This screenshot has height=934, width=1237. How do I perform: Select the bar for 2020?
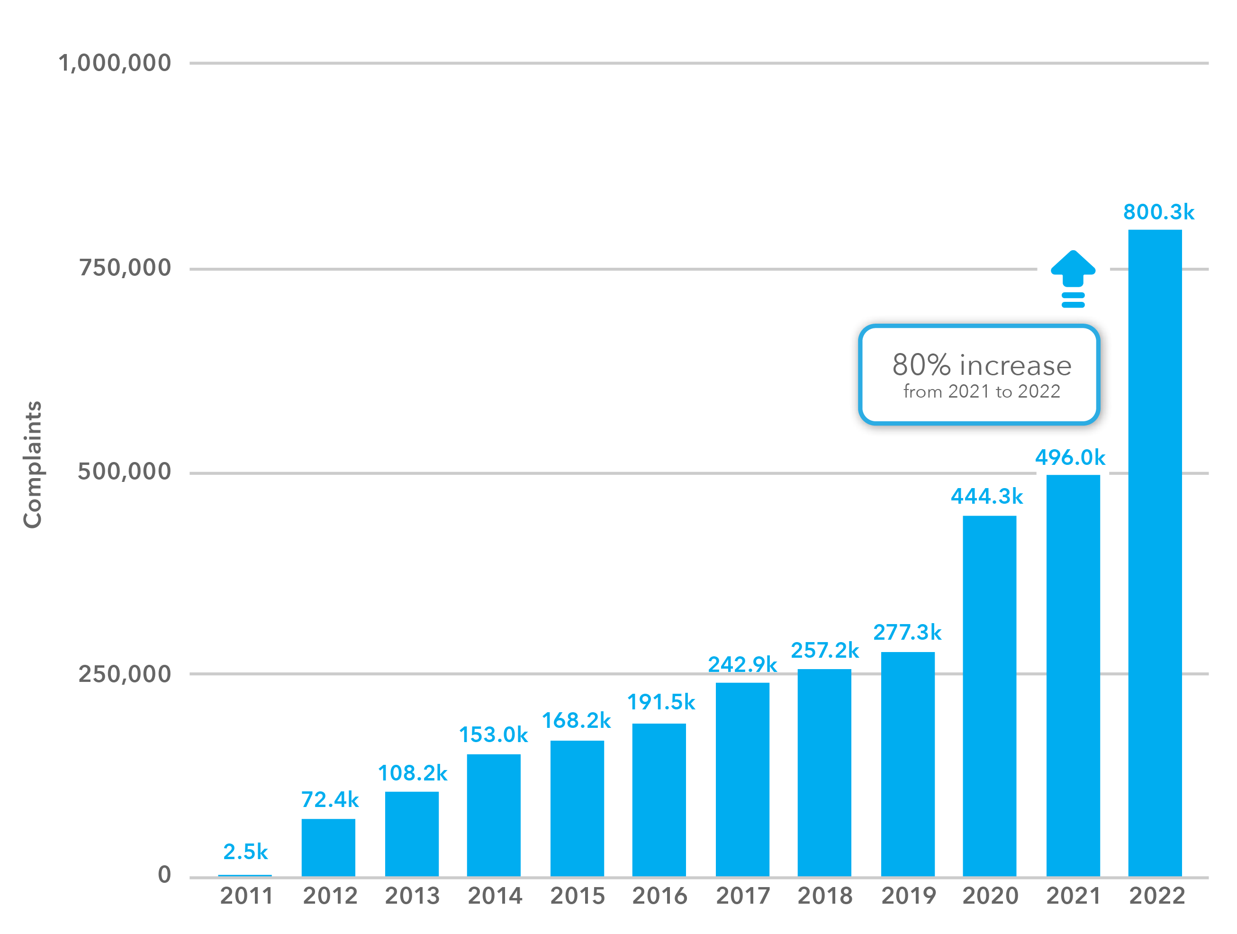[x=989, y=696]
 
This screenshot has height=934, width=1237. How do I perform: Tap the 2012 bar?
[x=328, y=847]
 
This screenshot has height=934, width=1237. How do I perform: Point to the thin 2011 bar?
[x=245, y=875]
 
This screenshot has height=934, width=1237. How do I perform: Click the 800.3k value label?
[x=1158, y=212]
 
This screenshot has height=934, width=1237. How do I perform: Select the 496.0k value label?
[x=1070, y=458]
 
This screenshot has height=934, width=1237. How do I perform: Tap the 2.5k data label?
[x=245, y=852]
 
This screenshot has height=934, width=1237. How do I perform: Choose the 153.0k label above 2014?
[x=493, y=735]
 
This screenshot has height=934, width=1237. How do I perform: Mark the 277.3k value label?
[x=907, y=633]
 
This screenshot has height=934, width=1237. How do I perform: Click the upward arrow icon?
[x=1073, y=278]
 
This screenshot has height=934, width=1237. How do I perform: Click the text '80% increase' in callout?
[x=982, y=365]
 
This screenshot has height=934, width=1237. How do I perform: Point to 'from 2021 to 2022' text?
[x=982, y=391]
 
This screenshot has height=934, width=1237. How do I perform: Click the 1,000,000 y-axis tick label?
[x=115, y=63]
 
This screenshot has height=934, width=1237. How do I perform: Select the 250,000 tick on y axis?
[x=124, y=674]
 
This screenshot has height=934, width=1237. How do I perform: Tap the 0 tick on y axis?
[x=164, y=874]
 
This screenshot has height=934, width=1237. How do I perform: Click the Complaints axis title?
[x=32, y=464]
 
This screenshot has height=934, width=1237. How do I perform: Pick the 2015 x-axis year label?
[x=577, y=896]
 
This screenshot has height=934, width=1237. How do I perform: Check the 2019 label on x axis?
[x=908, y=896]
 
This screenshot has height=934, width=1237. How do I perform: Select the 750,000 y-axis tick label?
[x=124, y=268]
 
